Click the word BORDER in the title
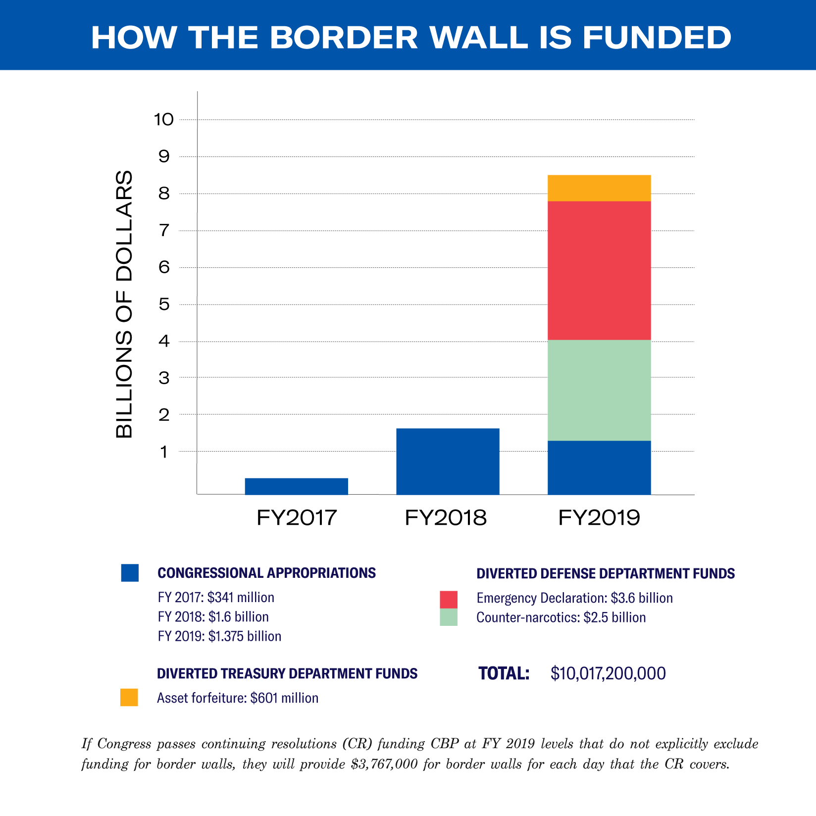pos(344,38)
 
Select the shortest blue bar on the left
pos(296,486)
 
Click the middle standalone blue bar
pos(448,461)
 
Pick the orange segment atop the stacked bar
pos(599,188)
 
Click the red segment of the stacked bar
pos(599,270)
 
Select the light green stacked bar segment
pos(599,390)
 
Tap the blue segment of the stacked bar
pos(599,467)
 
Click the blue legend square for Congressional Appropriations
pos(130,573)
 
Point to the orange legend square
pos(129,697)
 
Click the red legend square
pos(448,599)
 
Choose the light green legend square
pos(448,617)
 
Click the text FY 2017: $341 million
pos(216,598)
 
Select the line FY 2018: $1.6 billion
pos(213,617)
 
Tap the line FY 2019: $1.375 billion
pos(219,636)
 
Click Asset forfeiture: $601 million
pos(238,698)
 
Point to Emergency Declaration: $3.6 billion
pos(574,598)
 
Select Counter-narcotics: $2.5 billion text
pos(561,617)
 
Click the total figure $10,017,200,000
pos(608,673)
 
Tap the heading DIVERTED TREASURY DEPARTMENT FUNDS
pos(287,674)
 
